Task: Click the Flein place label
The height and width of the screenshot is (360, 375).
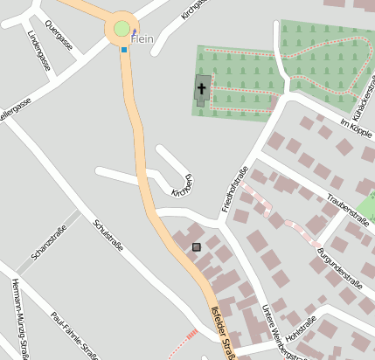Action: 142,38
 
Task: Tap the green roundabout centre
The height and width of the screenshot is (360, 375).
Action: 122,29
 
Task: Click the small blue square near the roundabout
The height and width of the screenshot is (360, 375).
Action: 124,50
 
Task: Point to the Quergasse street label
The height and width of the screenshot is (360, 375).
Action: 59,34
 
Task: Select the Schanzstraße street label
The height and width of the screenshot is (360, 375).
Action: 49,242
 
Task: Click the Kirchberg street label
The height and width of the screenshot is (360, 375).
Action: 181,185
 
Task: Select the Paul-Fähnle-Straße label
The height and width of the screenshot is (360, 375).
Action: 73,336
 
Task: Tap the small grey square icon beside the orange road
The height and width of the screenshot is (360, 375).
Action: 196,247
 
